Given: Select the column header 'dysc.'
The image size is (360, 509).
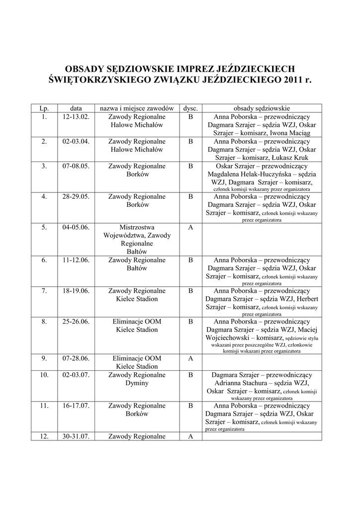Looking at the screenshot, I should (x=190, y=108).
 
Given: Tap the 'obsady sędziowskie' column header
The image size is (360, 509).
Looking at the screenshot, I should (x=262, y=108).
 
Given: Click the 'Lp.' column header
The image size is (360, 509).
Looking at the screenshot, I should (x=44, y=108).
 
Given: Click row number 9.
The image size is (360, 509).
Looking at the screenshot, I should (x=44, y=358).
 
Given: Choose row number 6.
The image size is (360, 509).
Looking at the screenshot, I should (x=44, y=260).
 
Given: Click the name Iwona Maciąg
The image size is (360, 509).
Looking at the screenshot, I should (x=290, y=133).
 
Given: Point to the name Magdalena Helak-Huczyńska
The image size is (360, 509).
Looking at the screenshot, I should (x=250, y=174).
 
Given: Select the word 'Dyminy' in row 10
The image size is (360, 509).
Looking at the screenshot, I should (x=137, y=383).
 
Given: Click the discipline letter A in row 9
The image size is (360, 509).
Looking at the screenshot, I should (x=190, y=358).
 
